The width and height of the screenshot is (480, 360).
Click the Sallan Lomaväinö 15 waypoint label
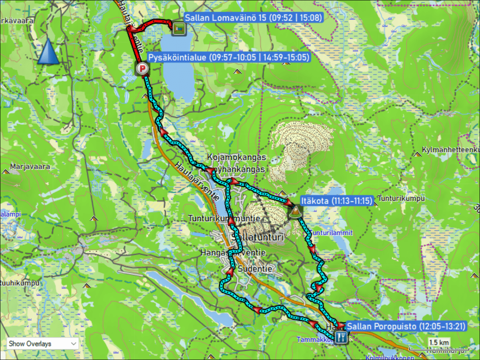pos(254,18)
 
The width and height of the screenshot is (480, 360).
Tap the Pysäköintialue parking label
pos(229,58)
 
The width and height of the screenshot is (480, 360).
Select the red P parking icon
pos(141,69)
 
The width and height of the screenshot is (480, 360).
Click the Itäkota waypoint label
pos(336,200)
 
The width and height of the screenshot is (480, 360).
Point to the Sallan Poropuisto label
pos(406,326)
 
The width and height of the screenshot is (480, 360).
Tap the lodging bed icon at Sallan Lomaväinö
pos(178,28)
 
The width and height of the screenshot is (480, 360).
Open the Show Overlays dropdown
pos(43,343)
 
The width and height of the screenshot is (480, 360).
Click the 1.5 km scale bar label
pos(438,342)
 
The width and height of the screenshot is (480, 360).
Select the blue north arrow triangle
pos(48,52)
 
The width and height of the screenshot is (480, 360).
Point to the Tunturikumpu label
pos(401,198)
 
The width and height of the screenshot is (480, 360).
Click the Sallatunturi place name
pos(258,238)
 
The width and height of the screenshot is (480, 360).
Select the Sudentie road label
pos(255,269)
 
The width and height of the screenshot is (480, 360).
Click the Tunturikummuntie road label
pos(224,219)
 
